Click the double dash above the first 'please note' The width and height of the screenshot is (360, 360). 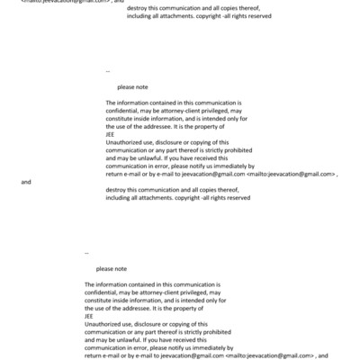108,70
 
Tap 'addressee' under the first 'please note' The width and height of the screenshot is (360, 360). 150,127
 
